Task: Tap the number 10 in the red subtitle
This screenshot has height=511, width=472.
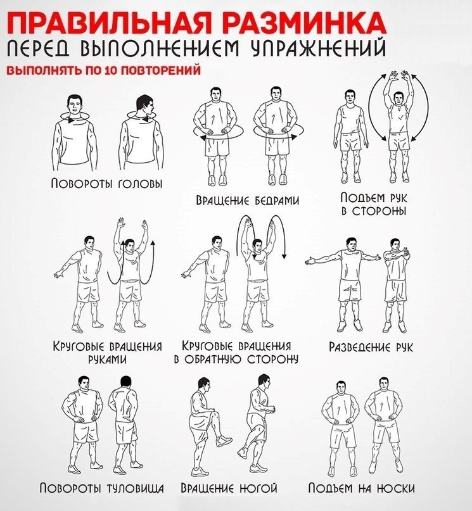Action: tap(111, 70)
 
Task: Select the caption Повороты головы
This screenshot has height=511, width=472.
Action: tap(106, 183)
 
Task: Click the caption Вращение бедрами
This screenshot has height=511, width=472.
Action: tap(248, 199)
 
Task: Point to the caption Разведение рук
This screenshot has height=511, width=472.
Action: tap(371, 347)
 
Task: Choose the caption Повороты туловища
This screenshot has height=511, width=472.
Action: tap(102, 488)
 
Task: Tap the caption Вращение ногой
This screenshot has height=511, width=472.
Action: tap(229, 488)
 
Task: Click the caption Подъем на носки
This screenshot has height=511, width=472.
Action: tap(362, 488)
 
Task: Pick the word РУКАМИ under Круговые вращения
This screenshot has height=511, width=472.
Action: tap(108, 359)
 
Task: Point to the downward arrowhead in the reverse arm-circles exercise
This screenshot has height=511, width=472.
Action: tap(284, 256)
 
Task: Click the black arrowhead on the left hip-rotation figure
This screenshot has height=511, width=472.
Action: tap(203, 139)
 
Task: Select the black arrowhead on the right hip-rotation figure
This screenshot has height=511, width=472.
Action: tap(295, 137)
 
